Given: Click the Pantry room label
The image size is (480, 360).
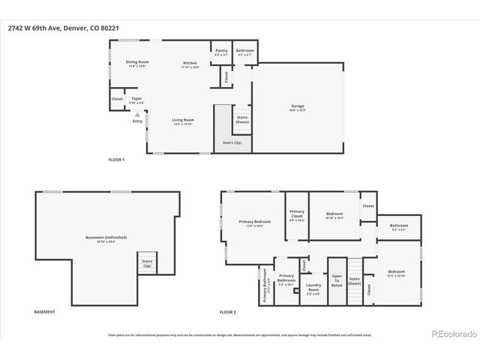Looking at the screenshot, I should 221,52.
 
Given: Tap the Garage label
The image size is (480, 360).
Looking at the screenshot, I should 298,107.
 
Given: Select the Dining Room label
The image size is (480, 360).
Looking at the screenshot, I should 136,63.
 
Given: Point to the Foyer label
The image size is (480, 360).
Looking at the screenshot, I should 137,100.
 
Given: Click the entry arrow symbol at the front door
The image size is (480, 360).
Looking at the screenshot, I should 136,115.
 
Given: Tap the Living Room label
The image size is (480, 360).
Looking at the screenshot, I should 183,121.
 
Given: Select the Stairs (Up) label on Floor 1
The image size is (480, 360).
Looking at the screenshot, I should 232,142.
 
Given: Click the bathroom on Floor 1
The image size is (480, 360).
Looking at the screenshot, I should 245,52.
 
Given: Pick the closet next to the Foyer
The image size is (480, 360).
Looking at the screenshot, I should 117,99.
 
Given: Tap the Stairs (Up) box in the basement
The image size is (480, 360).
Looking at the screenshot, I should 147,264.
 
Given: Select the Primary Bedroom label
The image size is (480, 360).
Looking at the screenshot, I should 255,223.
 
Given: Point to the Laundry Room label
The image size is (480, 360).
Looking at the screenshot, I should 313,288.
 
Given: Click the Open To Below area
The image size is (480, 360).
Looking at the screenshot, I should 337,280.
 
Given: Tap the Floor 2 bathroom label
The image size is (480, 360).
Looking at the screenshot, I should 398,226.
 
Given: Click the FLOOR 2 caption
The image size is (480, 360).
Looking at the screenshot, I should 227,311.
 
